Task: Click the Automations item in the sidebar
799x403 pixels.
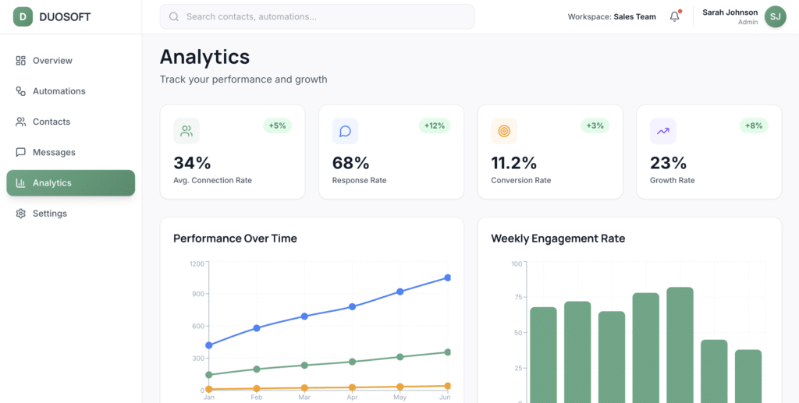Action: point(59,91)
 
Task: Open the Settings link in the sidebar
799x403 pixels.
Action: point(49,214)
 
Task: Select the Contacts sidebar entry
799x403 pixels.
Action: point(51,122)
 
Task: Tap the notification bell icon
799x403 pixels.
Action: point(675,16)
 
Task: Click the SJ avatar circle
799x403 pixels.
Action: point(775,16)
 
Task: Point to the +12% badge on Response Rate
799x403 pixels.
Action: point(435,125)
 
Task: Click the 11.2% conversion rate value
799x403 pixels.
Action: point(513,163)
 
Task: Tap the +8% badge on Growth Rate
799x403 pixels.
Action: point(754,125)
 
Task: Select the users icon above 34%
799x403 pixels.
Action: point(186,131)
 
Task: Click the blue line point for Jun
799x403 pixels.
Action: point(448,278)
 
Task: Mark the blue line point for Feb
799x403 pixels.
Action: point(257,328)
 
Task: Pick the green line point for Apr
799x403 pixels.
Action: point(352,362)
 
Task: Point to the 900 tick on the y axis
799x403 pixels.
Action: point(197,294)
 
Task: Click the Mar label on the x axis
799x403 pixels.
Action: point(304,398)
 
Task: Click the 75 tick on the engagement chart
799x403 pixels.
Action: point(516,297)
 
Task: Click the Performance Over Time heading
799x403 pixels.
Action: point(235,239)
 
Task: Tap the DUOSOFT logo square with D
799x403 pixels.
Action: point(23,16)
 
